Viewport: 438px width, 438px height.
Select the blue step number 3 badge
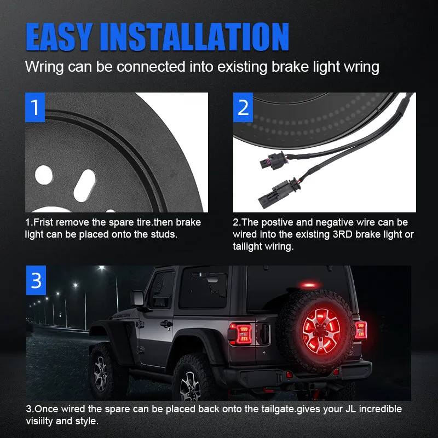[x=36, y=280]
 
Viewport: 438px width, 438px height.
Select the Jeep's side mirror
[x=138, y=299]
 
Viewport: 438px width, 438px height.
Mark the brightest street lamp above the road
[x=102, y=268]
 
